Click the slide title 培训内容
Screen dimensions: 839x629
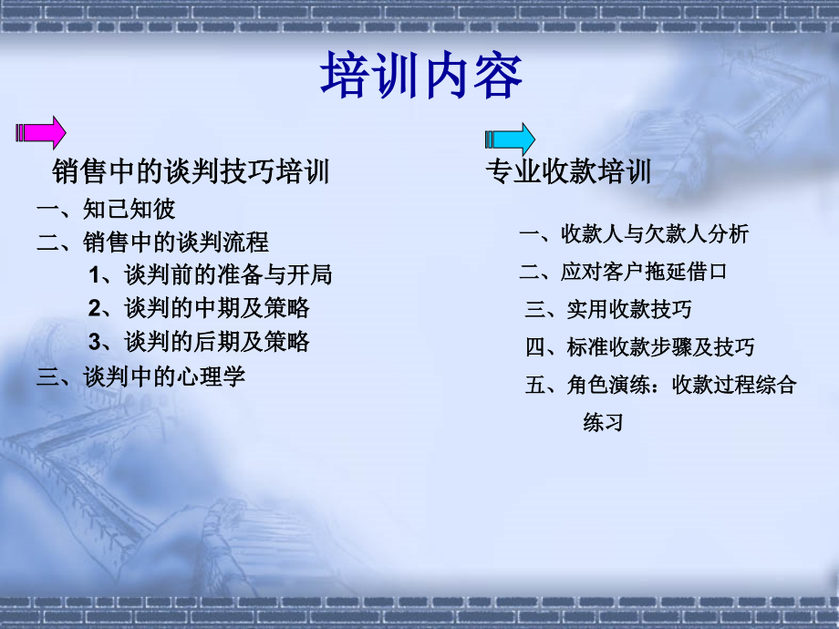pyautogui.click(x=421, y=76)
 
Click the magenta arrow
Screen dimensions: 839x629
pyautogui.click(x=41, y=133)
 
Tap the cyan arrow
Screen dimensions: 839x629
pyautogui.click(x=510, y=139)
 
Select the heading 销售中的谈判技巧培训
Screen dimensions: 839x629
pyautogui.click(x=191, y=171)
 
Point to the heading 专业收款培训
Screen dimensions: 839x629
pyautogui.click(x=568, y=171)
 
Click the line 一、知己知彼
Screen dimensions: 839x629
pyautogui.click(x=106, y=209)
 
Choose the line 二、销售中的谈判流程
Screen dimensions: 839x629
pyautogui.click(x=152, y=242)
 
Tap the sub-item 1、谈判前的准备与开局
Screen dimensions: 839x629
pyautogui.click(x=211, y=275)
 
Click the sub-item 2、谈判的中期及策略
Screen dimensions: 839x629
pyautogui.click(x=199, y=309)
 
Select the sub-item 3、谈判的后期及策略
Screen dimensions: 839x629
pyautogui.click(x=199, y=342)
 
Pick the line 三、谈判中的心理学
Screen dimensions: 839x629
pyautogui.click(x=140, y=376)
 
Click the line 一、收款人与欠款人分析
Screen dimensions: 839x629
pyautogui.click(x=634, y=234)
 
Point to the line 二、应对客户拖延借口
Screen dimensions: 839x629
pyautogui.click(x=623, y=272)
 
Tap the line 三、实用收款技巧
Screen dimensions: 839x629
pyautogui.click(x=608, y=309)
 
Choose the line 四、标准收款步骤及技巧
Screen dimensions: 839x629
pyautogui.click(x=640, y=347)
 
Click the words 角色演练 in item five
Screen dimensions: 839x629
pyautogui.click(x=609, y=385)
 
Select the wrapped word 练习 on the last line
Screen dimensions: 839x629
pyautogui.click(x=604, y=422)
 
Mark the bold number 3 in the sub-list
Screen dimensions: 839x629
pyautogui.click(x=95, y=343)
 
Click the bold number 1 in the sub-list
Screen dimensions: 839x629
pyautogui.click(x=95, y=275)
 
